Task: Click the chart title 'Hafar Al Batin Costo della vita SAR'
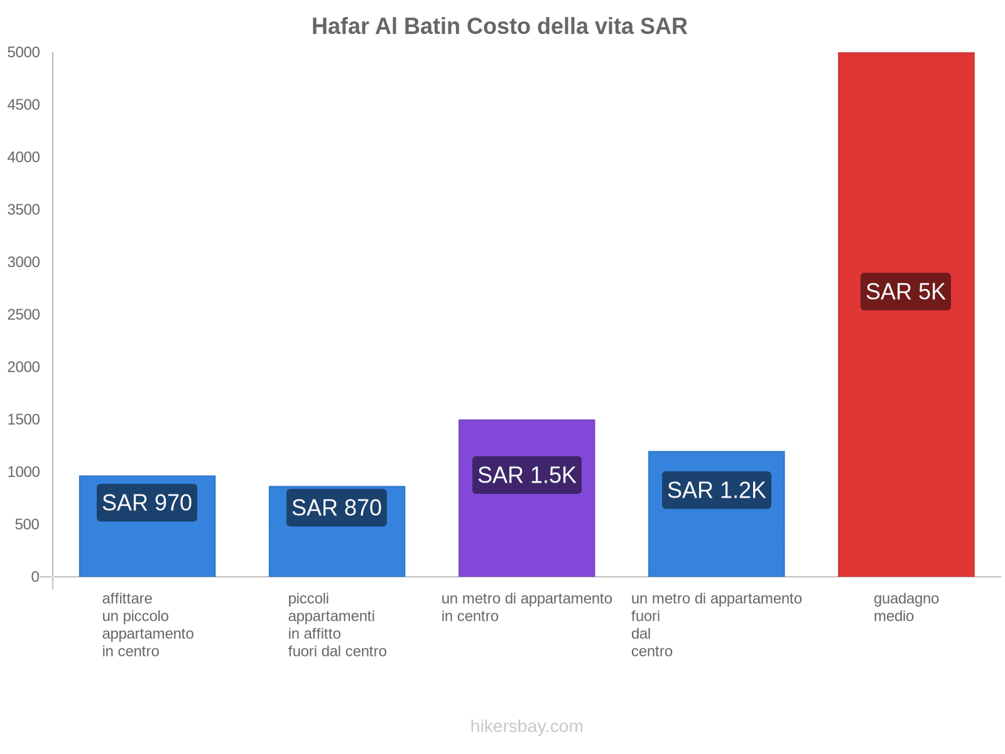[x=499, y=26]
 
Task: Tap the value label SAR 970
[x=147, y=503]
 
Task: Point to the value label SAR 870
[x=337, y=508]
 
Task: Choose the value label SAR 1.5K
[x=526, y=475]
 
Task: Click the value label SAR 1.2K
[x=716, y=490]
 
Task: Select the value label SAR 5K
[x=905, y=292]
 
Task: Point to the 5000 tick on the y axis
[x=24, y=53]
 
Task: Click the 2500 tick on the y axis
[x=24, y=315]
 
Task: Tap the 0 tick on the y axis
[x=35, y=577]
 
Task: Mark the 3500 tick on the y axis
[x=24, y=210]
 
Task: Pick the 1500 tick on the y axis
[x=24, y=420]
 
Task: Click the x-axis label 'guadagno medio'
[x=906, y=608]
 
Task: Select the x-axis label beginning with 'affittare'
[x=148, y=625]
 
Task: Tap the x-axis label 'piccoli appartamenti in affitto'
[x=337, y=625]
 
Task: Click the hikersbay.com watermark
[x=526, y=726]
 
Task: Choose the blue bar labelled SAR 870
[x=337, y=553]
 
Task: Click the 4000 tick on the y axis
[x=24, y=158]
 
